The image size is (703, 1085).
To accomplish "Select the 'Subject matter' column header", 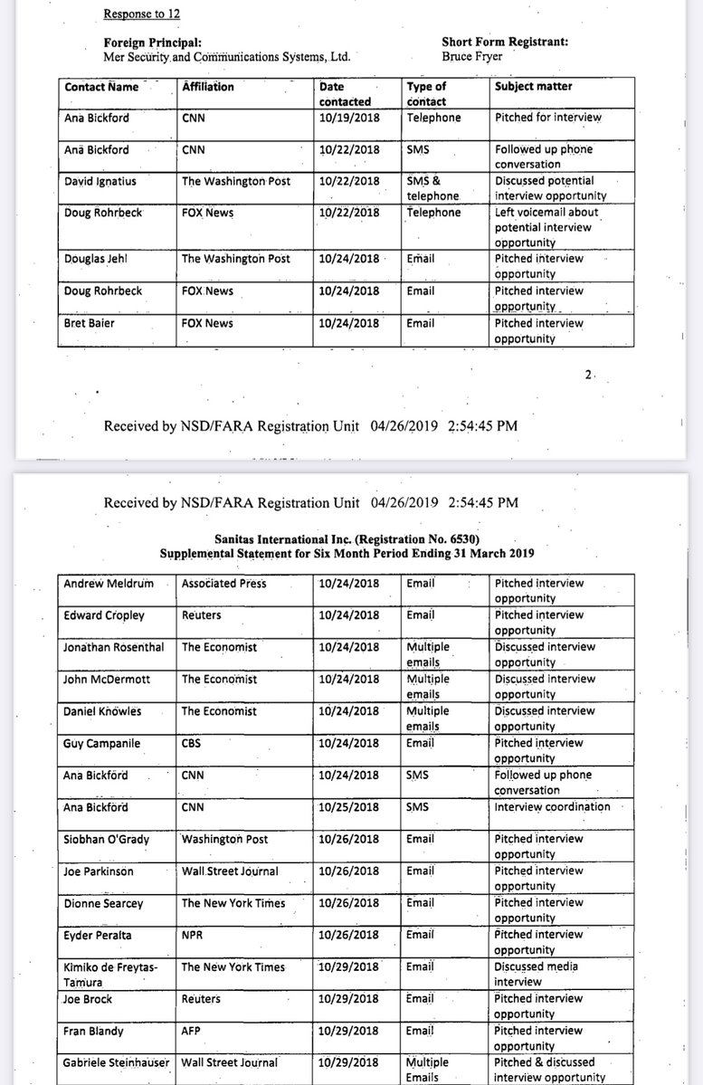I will (534, 87).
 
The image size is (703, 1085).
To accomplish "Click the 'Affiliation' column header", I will (208, 87).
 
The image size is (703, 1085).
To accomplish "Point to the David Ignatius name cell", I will (100, 181).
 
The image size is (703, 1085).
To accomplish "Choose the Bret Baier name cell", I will (86, 323).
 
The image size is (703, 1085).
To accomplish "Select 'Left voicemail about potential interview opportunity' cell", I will (546, 227).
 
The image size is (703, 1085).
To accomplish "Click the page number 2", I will (587, 375).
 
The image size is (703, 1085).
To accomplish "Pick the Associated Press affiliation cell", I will (223, 584).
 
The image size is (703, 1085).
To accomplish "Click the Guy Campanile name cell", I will (100, 743).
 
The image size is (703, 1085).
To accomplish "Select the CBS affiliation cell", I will (193, 743).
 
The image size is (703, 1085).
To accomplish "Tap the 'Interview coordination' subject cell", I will (552, 807).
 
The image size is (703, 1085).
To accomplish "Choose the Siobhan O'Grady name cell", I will (106, 840).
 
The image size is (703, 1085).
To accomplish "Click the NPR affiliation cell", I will (193, 935).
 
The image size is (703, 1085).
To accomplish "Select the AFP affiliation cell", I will (192, 1031).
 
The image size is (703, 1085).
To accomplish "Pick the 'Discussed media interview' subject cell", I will (537, 974).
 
